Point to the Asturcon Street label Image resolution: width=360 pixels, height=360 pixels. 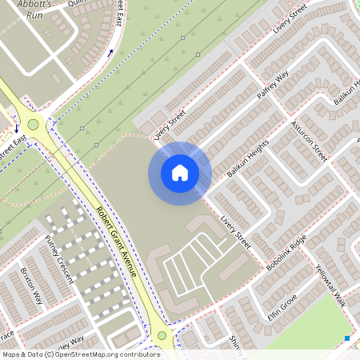click(x=309, y=142)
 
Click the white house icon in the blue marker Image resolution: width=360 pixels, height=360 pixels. click(x=180, y=173)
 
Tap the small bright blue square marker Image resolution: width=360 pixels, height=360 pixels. click(x=347, y=338)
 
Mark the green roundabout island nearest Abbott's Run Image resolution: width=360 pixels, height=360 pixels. click(x=33, y=124)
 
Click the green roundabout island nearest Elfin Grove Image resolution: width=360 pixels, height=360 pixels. click(x=162, y=336)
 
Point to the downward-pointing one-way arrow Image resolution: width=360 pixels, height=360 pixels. click(x=16, y=128)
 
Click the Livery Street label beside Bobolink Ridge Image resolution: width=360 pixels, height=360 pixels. click(x=237, y=231)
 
